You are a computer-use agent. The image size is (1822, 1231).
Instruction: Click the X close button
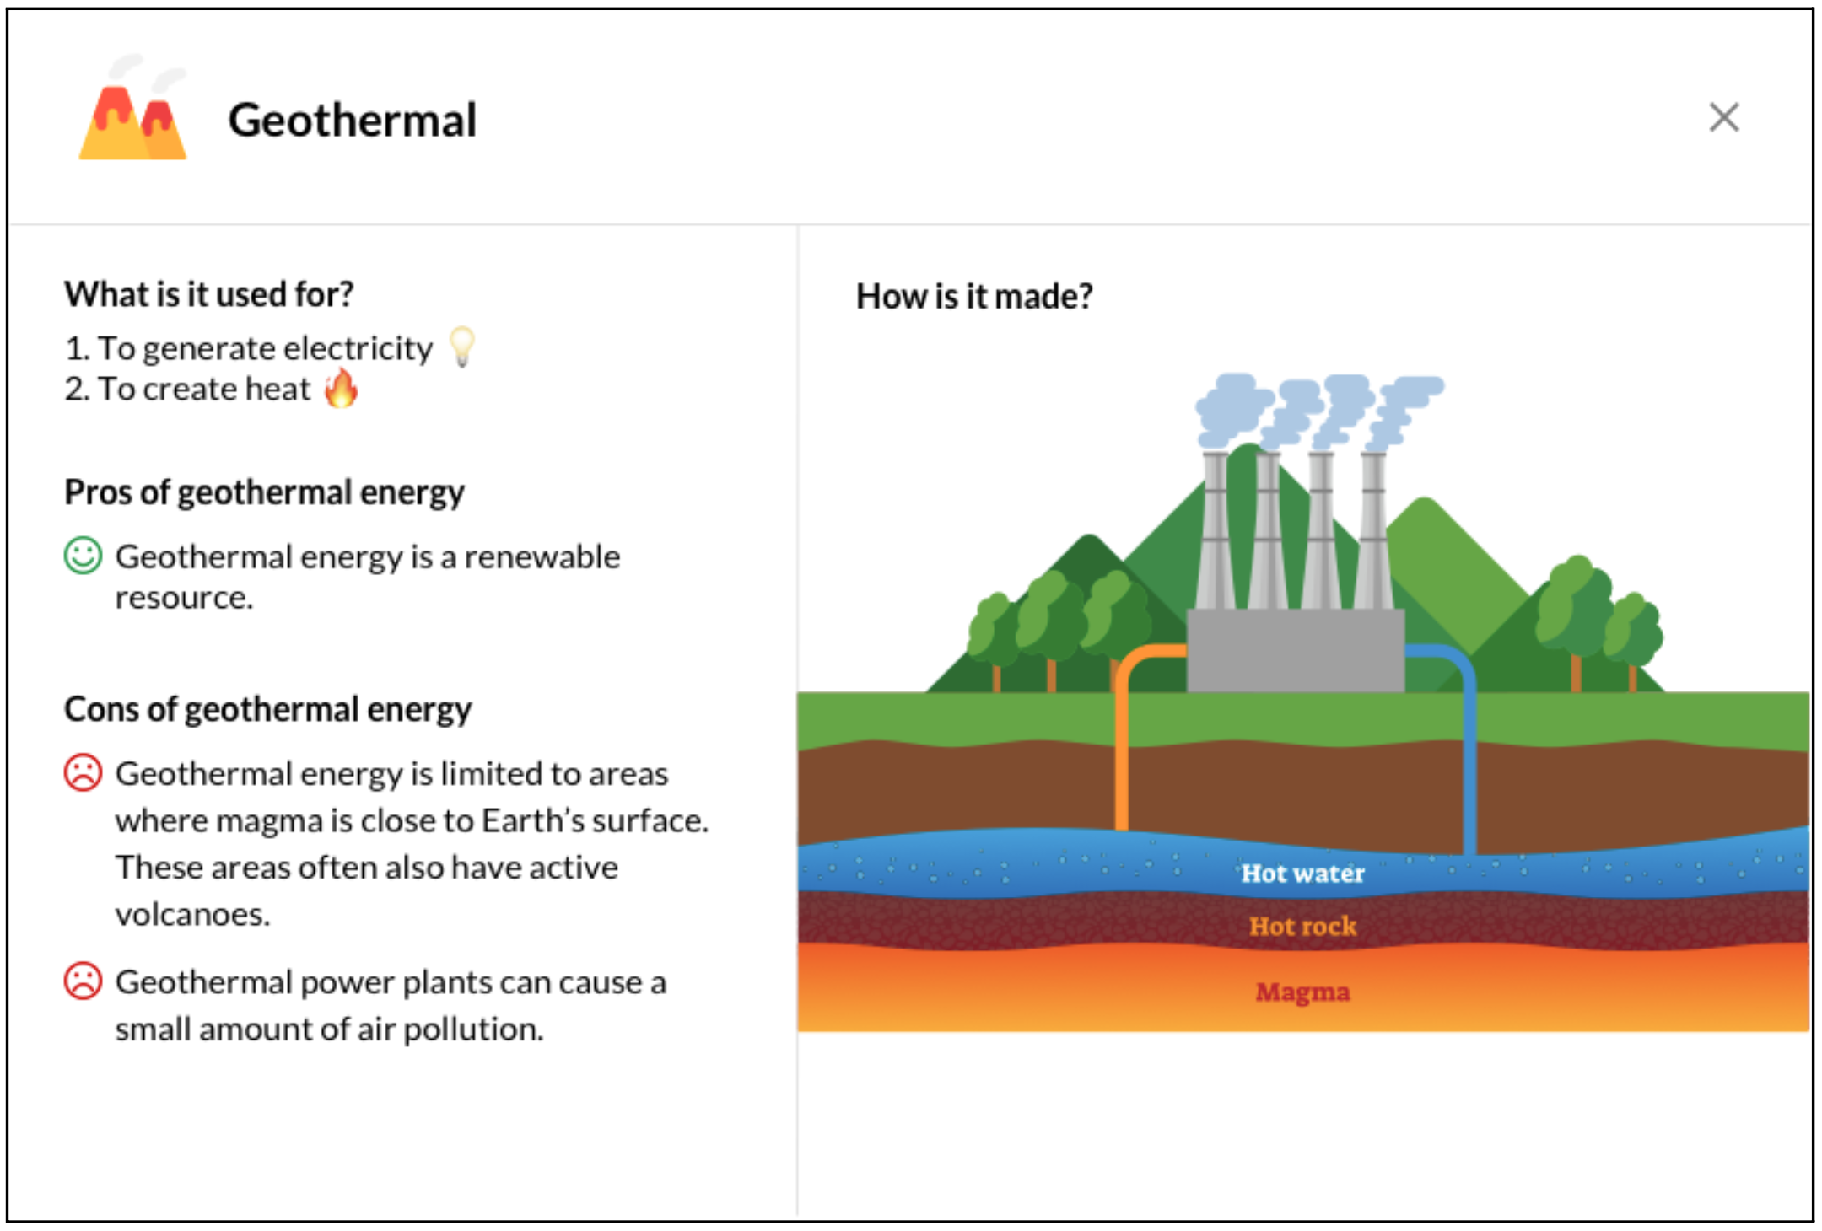1723,118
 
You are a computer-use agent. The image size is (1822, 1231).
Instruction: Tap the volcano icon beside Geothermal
133,108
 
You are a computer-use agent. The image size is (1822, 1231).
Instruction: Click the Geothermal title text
353,120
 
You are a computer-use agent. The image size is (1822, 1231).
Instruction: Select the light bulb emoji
462,347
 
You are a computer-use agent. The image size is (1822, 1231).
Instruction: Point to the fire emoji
342,388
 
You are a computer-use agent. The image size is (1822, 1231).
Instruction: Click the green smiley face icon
83,556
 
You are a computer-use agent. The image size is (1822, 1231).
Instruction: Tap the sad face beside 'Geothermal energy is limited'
83,772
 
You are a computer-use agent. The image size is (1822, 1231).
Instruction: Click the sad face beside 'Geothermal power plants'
83,981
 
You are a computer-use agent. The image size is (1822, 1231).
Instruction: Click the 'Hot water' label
1302,874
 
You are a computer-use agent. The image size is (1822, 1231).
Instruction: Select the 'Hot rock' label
1302,926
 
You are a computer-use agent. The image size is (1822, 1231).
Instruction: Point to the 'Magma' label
1302,992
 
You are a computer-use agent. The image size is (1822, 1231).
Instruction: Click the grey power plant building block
1296,650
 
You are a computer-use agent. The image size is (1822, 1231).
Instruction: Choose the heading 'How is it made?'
974,297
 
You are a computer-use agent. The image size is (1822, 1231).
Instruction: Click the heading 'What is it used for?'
209,294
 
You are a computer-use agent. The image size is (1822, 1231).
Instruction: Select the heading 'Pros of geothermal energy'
265,492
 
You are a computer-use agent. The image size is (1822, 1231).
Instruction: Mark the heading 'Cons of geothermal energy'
268,709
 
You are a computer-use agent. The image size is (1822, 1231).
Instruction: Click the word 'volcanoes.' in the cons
193,914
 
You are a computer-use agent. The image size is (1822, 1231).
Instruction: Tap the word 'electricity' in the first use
358,348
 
